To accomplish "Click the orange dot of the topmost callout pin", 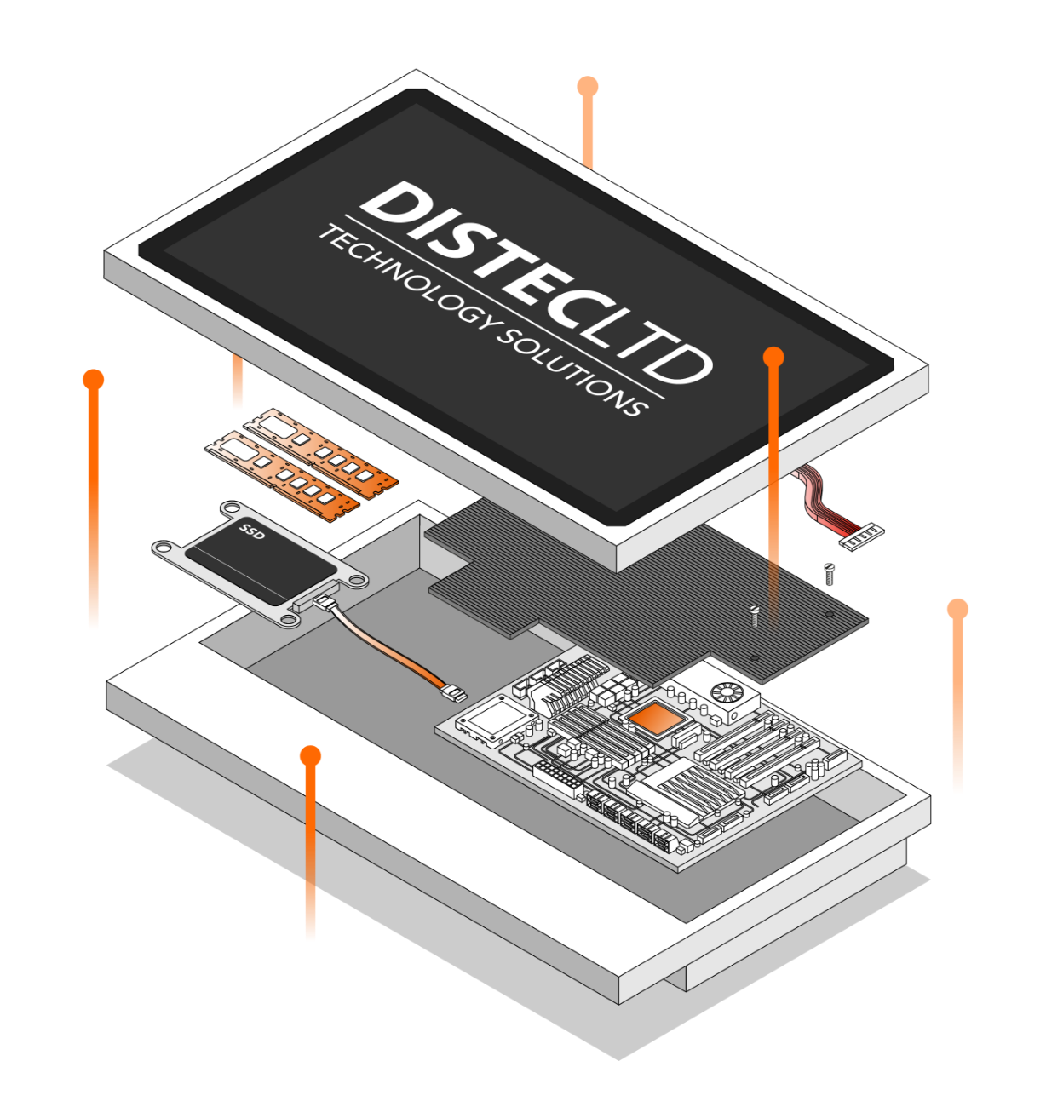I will pyautogui.click(x=588, y=86).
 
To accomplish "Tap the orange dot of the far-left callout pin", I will pyautogui.click(x=94, y=380).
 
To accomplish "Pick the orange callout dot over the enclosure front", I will pyautogui.click(x=311, y=755).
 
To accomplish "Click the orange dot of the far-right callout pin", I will pyautogui.click(x=957, y=609).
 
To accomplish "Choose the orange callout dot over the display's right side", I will pyautogui.click(x=773, y=357).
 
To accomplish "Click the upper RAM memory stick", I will pyautogui.click(x=320, y=451).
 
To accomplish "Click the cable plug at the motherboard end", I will pyautogui.click(x=455, y=693).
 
